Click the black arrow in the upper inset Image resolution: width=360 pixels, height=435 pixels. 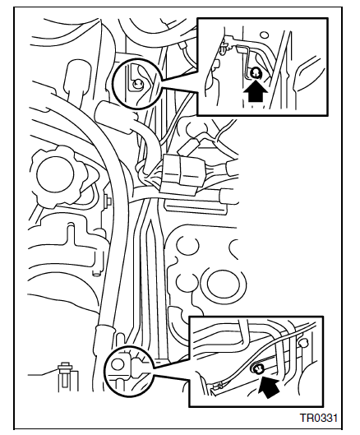point(255,92)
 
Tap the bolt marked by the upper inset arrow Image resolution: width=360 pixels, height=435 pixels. point(255,73)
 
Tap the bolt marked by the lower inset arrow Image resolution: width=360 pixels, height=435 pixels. point(257,369)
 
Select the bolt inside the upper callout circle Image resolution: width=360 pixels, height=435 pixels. point(137,84)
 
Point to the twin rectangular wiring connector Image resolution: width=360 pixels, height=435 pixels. point(179,174)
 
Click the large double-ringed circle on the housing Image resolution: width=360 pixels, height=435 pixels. point(224,285)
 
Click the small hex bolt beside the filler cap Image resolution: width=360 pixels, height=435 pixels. point(108,200)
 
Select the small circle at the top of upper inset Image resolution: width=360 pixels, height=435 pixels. point(265,35)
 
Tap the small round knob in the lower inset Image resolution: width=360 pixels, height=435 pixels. point(303,343)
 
